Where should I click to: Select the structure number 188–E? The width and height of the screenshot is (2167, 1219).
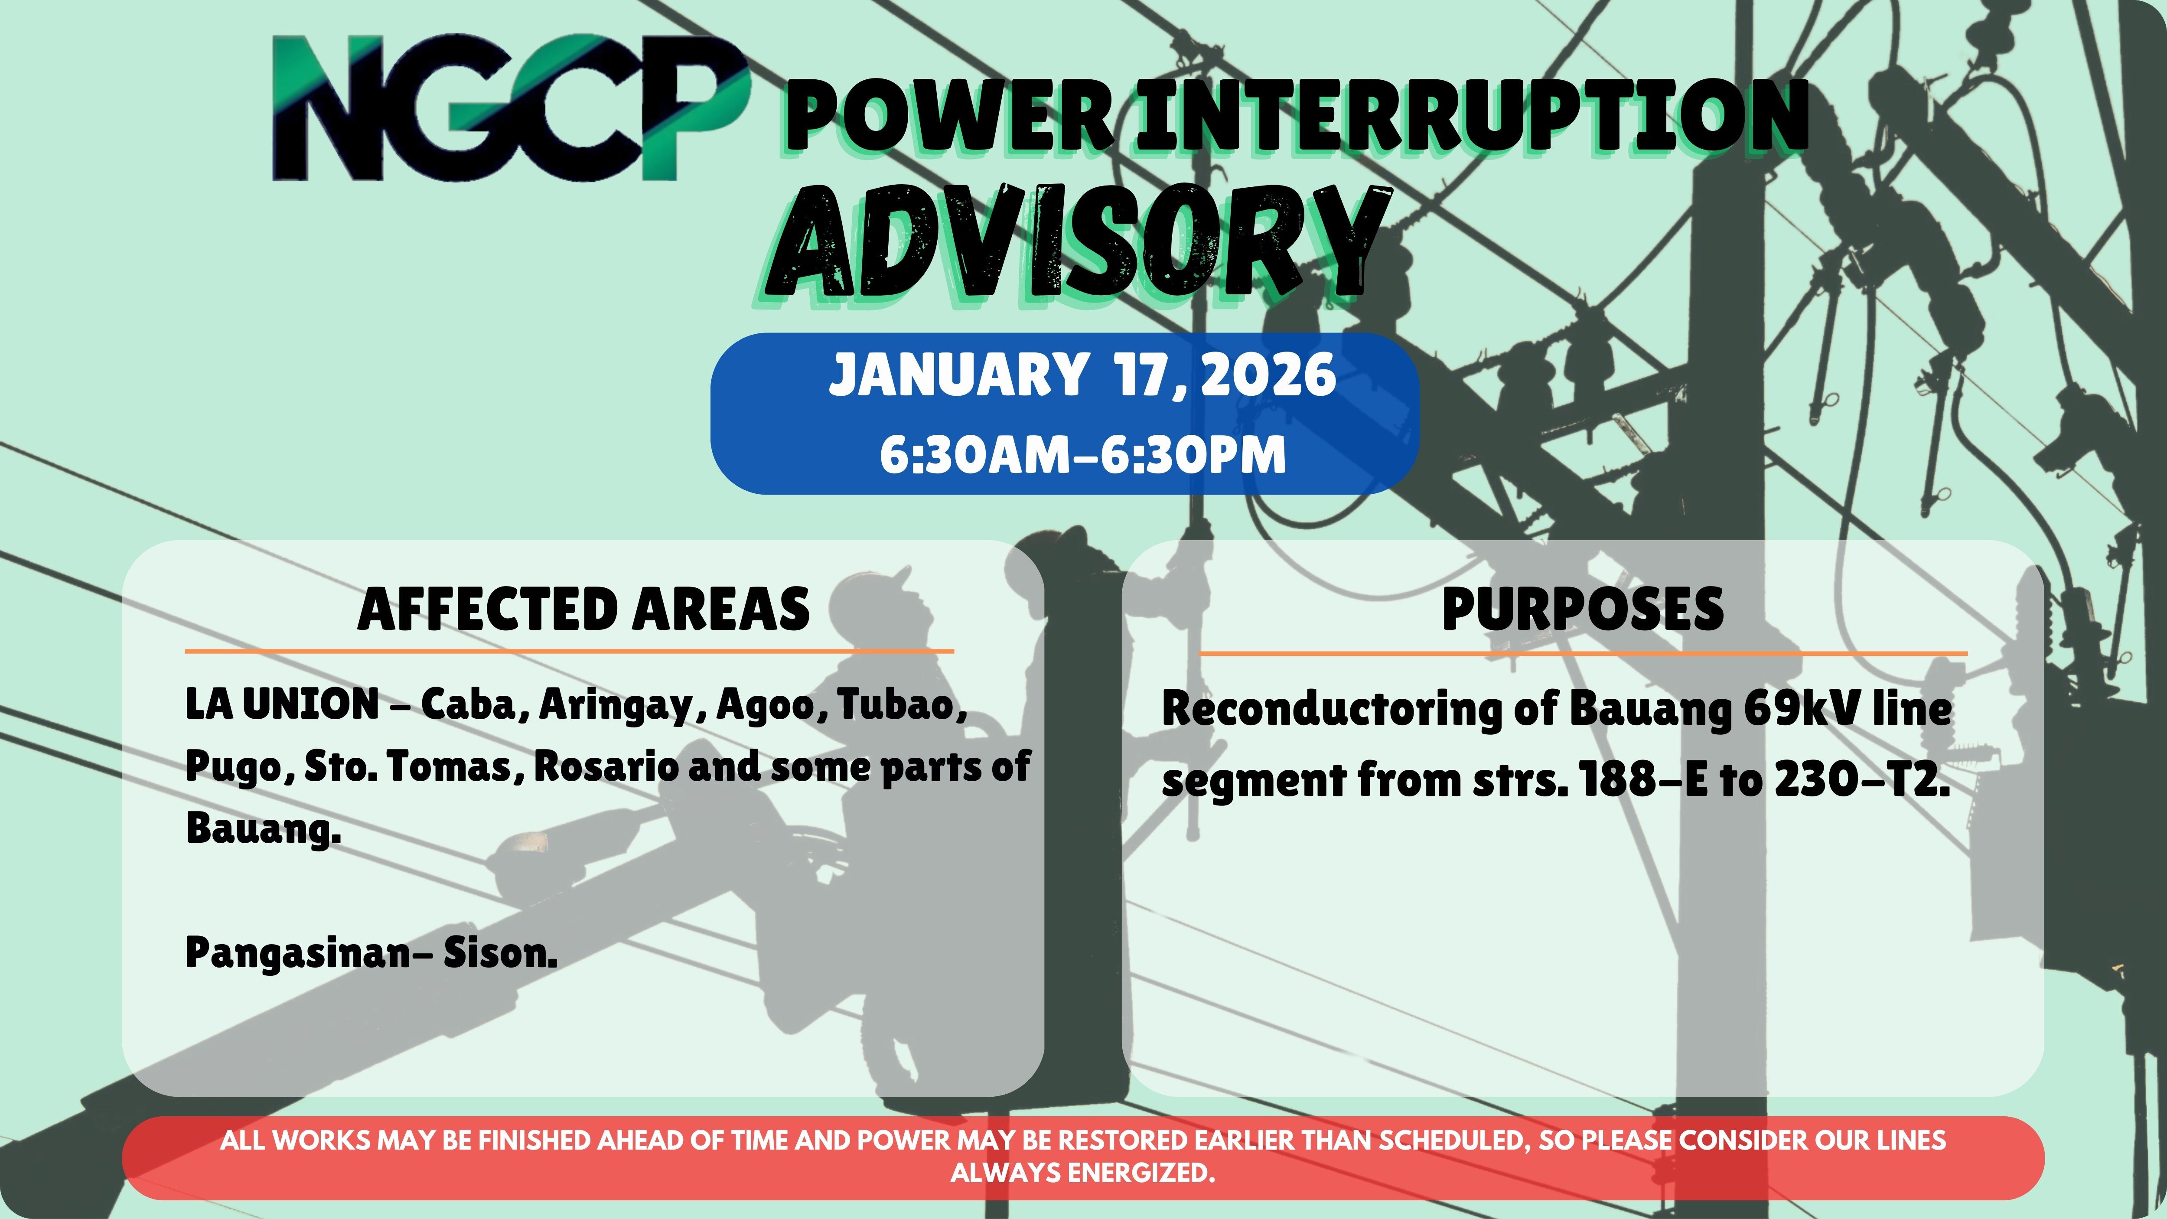tap(1645, 781)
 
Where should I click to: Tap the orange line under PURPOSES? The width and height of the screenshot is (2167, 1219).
tap(1582, 653)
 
